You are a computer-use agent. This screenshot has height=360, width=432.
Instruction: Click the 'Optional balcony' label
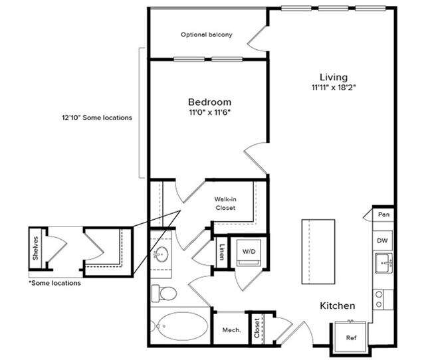pyautogui.click(x=207, y=35)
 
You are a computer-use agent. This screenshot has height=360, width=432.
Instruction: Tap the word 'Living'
pyautogui.click(x=333, y=76)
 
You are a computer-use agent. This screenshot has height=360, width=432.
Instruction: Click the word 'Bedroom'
pyautogui.click(x=209, y=102)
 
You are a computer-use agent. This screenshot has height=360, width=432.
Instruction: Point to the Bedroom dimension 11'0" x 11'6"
pyautogui.click(x=209, y=114)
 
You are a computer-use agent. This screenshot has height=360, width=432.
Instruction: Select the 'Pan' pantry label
pyautogui.click(x=383, y=215)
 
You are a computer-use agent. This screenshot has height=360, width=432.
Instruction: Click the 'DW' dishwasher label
pyautogui.click(x=382, y=240)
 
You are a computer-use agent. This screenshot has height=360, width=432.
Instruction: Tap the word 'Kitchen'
pyautogui.click(x=338, y=306)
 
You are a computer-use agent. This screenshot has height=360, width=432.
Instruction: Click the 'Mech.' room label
pyautogui.click(x=231, y=329)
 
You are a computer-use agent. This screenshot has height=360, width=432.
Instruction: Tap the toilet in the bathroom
pyautogui.click(x=163, y=293)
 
